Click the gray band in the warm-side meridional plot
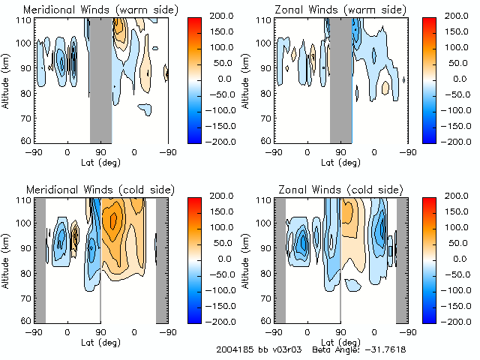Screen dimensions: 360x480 tap(100, 79)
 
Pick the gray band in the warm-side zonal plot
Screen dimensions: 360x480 tap(340, 79)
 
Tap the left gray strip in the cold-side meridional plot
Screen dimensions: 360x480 tap(40, 259)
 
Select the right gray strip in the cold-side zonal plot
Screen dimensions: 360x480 tap(402, 259)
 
